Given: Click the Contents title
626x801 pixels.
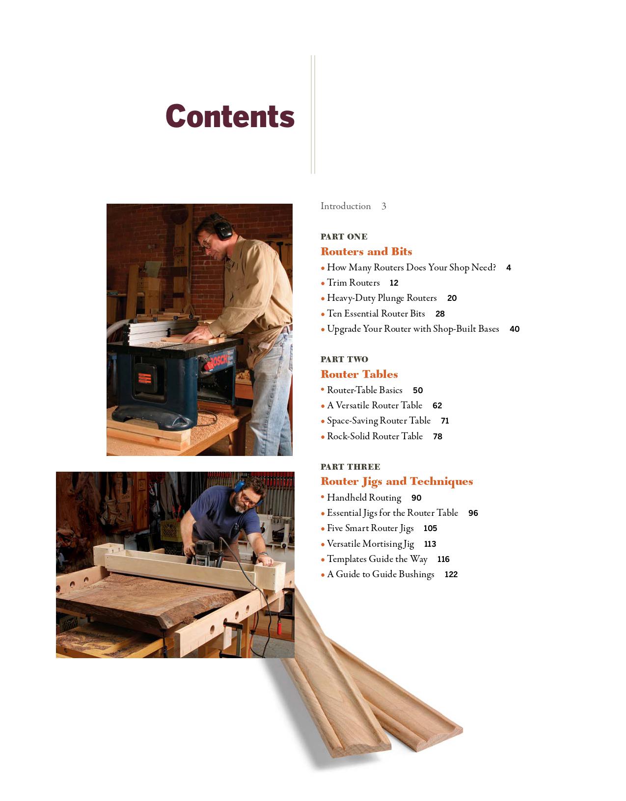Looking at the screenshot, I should coord(230,116).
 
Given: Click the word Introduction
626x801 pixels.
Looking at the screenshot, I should coord(345,206).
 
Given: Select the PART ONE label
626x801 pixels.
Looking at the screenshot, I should coord(344,237).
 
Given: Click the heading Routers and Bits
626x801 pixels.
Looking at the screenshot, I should coord(366,252).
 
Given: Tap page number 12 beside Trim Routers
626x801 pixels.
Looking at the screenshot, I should coord(394,283).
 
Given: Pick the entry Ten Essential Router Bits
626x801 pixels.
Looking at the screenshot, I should coord(376,314).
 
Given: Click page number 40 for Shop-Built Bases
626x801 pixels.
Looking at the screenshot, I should coord(514,329).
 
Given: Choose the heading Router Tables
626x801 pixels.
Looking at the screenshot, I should coord(359,374).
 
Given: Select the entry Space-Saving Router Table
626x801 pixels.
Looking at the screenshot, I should coord(379,421).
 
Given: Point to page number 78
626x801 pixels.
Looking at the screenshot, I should coord(437,437).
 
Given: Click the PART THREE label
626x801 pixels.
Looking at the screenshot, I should coord(350,467).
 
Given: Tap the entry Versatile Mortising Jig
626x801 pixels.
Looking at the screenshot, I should coord(370,544).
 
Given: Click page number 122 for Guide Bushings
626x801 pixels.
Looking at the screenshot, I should coord(451,575).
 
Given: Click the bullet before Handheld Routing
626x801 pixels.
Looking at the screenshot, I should coord(323,497).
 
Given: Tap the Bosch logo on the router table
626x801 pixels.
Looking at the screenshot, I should coord(218,362).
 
